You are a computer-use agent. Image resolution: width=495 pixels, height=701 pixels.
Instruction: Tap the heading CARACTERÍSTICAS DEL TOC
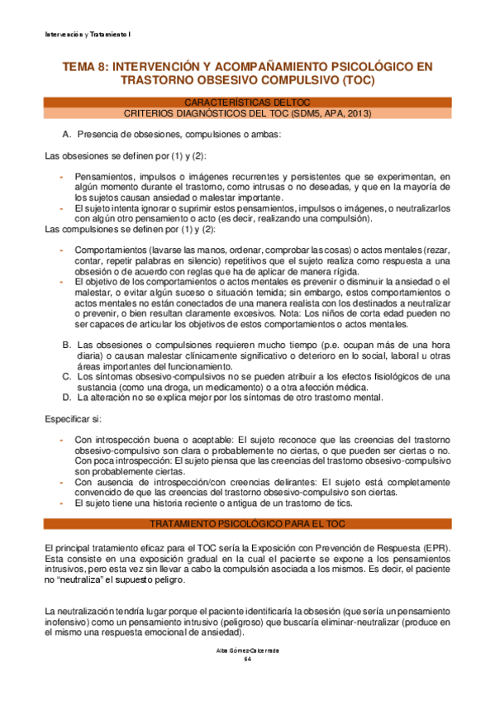pos(247,102)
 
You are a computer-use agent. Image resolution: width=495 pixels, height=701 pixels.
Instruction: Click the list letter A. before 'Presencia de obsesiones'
pos(67,134)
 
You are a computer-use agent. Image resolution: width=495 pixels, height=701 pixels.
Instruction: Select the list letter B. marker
pos(67,344)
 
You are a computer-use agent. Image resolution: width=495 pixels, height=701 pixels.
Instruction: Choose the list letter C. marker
pos(67,376)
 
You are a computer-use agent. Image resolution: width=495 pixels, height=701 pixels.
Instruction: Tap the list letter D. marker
pos(67,398)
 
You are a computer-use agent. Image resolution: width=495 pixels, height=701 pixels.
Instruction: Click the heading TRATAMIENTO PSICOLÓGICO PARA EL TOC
pos(247,525)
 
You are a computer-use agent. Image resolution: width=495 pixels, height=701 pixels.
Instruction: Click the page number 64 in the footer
pos(247,659)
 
